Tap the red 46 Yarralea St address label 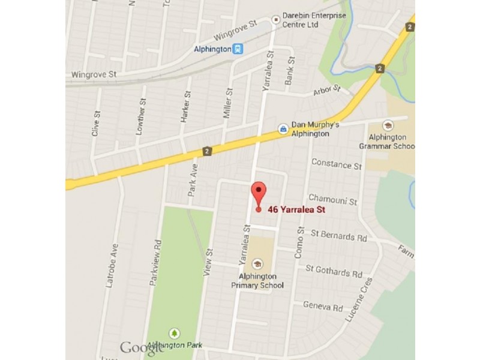296,209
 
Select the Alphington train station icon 239,49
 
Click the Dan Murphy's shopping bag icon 283,128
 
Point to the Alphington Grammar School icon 388,125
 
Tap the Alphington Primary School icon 257,263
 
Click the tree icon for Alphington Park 175,332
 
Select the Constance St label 337,165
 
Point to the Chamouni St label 332,199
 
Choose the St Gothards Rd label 334,271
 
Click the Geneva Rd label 323,307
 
